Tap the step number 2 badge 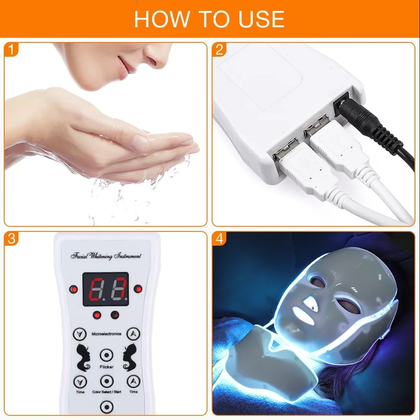(x=219, y=50)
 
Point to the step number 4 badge (x=219, y=239)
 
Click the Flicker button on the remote (x=107, y=355)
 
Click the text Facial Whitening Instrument (x=106, y=256)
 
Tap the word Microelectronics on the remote (x=106, y=334)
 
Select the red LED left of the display (x=74, y=289)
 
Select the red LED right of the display (x=137, y=289)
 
